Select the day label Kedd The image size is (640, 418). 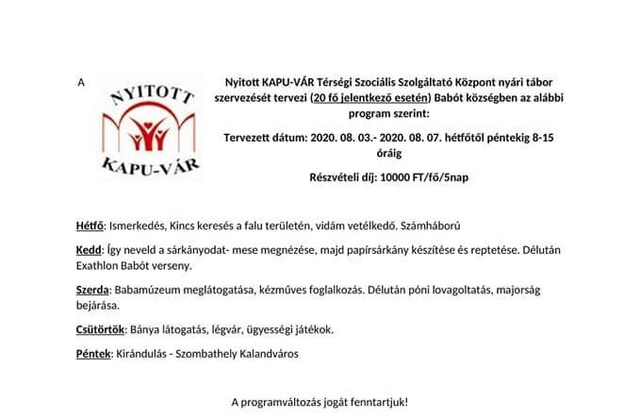88,251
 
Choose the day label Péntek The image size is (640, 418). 92,354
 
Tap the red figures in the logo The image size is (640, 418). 148,133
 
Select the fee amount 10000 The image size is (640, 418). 401,177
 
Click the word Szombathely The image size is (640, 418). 218,354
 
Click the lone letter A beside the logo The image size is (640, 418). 82,83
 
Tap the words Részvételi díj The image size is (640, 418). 344,177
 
